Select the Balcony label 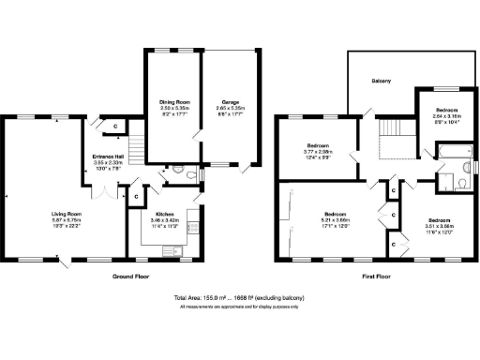point(379,81)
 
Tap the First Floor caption point(378,277)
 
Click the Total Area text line point(240,298)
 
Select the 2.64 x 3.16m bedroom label point(439,113)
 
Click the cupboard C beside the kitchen point(136,197)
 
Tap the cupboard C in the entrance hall point(115,125)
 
